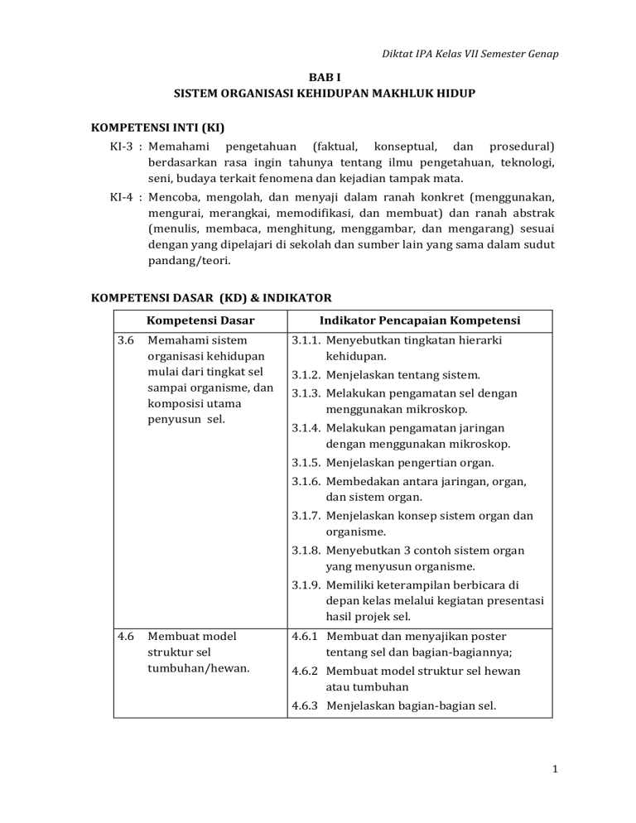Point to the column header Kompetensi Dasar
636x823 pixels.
point(200,320)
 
